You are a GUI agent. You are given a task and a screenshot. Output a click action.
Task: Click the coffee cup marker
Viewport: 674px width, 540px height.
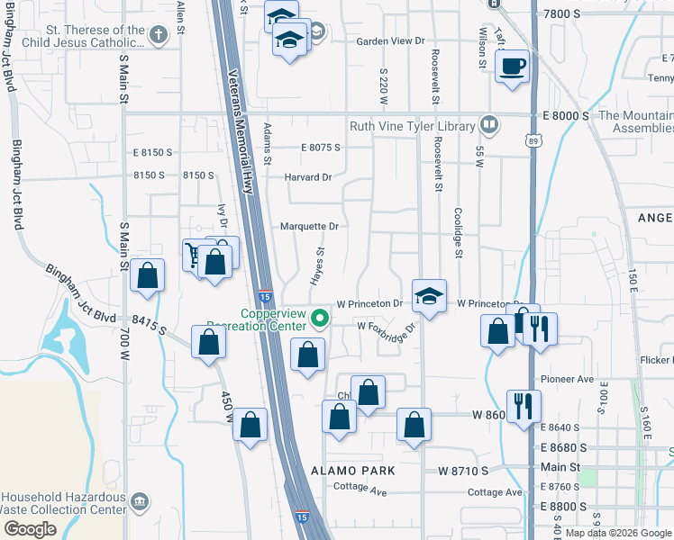(512, 67)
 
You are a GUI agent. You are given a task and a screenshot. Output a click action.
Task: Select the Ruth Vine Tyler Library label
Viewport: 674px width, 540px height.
(414, 126)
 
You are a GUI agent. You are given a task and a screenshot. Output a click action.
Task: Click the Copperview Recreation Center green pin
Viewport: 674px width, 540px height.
(318, 318)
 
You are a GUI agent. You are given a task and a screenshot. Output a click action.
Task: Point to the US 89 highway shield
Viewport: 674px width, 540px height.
(535, 141)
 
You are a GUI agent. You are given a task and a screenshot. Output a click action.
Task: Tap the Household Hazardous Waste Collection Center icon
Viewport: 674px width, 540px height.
(139, 500)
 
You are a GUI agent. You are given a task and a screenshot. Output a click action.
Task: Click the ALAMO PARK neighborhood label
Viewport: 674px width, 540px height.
(352, 471)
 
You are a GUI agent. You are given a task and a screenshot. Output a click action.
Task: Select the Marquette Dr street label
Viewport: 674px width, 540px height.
(309, 226)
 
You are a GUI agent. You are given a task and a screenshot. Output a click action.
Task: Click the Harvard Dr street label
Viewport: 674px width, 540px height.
(309, 176)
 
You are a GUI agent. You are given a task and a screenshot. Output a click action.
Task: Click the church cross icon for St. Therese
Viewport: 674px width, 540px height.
(159, 36)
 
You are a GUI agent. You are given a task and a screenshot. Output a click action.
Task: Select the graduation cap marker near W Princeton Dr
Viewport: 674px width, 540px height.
(429, 295)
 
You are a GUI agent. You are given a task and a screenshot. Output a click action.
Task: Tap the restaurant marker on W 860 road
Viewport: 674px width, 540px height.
(523, 405)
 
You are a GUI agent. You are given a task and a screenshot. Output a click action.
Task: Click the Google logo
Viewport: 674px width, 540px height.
(30, 528)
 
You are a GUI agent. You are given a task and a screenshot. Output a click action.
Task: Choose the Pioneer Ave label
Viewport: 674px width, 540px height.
(568, 380)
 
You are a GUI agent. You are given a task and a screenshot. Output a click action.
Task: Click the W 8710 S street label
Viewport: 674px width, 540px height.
(463, 471)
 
